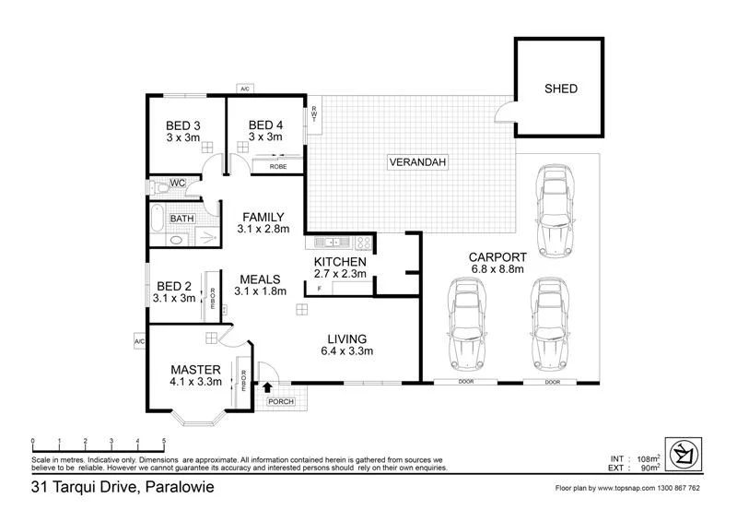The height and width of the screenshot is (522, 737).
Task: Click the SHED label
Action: [x=561, y=89]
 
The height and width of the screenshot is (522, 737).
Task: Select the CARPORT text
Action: [x=497, y=257]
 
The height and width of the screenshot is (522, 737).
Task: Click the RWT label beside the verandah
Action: [x=314, y=114]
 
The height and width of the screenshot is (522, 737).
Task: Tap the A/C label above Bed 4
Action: [x=245, y=89]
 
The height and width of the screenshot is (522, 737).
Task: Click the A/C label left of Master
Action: [x=139, y=341]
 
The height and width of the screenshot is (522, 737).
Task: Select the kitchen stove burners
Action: [x=364, y=243]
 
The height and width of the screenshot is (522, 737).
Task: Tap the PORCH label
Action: [x=278, y=402]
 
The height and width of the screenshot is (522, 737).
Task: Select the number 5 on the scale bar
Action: [x=164, y=441]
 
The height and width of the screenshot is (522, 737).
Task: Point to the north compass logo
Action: [x=684, y=452]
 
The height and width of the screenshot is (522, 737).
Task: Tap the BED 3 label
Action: [x=183, y=125]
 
